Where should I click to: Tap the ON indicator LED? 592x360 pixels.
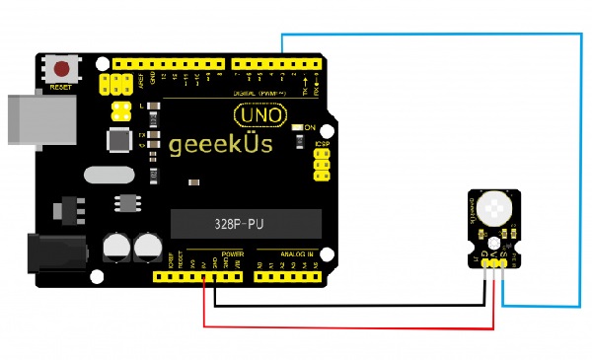click(x=298, y=128)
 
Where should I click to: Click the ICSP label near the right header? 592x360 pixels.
click(x=321, y=145)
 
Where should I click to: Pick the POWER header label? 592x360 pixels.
click(x=233, y=253)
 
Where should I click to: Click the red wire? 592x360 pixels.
click(x=345, y=326)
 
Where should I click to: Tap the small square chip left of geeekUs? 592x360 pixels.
click(x=119, y=140)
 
